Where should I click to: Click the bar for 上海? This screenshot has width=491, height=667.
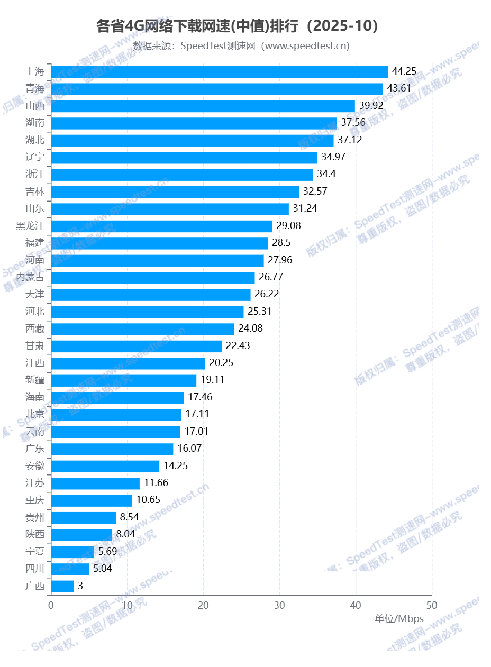point(219,72)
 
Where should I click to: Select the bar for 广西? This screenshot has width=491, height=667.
point(62,586)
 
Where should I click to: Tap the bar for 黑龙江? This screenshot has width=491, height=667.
point(161,226)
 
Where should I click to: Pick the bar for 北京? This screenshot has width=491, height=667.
point(116,415)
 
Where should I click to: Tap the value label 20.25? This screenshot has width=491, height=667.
point(221,363)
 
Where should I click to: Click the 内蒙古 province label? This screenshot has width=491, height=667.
point(30,277)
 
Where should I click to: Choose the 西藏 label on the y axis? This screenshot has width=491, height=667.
point(35,328)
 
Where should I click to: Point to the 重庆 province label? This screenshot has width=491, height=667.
point(35,500)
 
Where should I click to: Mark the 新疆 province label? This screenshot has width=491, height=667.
point(35,380)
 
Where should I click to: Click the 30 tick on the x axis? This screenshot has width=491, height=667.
point(279,605)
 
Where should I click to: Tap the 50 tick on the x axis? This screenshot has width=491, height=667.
point(432,605)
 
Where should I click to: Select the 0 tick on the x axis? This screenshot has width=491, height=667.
point(51,605)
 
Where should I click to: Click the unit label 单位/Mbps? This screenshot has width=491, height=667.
point(399,619)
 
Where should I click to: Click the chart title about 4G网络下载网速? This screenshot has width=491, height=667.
point(238,26)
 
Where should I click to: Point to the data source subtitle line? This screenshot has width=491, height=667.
point(241,46)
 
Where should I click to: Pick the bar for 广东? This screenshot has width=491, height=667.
point(112,449)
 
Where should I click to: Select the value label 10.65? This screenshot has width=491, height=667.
point(148,500)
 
